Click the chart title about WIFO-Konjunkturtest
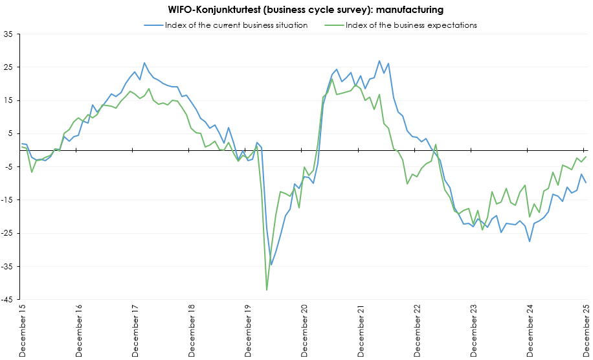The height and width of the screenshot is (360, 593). click(x=296, y=9)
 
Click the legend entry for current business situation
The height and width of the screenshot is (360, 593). click(x=236, y=25)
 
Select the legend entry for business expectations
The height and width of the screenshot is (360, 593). click(x=411, y=25)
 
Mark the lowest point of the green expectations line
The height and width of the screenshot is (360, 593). click(x=267, y=290)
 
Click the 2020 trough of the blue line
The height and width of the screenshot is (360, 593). click(x=271, y=265)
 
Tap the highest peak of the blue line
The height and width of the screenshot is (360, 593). click(x=379, y=61)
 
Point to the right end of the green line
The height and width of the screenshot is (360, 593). click(x=586, y=156)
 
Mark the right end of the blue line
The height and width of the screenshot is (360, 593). click(x=586, y=183)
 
